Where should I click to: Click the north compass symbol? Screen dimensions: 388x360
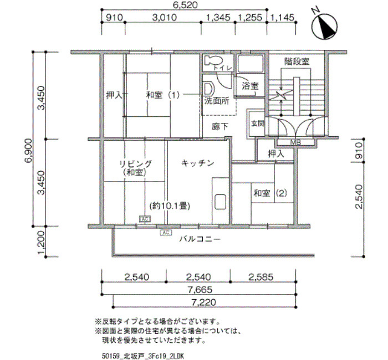click(x=324, y=25)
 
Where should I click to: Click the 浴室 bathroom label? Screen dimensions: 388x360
click(x=250, y=86)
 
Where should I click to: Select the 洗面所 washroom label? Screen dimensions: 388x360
click(x=217, y=101)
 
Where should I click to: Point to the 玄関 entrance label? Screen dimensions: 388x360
click(x=258, y=124)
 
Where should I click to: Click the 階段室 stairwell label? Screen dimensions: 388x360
click(x=297, y=61)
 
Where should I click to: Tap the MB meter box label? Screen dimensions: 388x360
click(x=295, y=142)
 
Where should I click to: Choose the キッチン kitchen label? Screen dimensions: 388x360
click(x=198, y=163)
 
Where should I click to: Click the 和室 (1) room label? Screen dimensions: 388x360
click(x=163, y=95)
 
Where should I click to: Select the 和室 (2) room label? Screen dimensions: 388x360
click(x=270, y=193)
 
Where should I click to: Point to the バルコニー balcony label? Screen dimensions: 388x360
click(x=200, y=239)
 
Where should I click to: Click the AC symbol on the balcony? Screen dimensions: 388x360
click(x=166, y=233)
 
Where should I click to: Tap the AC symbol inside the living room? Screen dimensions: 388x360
click(x=145, y=219)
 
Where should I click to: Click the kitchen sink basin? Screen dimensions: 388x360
click(x=220, y=202)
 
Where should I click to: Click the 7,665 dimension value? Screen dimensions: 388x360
click(x=200, y=289)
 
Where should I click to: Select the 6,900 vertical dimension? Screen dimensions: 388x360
click(x=28, y=150)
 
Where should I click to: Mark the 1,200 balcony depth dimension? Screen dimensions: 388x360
click(x=41, y=243)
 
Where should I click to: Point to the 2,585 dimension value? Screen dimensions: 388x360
click(x=261, y=277)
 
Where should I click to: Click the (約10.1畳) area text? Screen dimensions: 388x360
click(x=170, y=205)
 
